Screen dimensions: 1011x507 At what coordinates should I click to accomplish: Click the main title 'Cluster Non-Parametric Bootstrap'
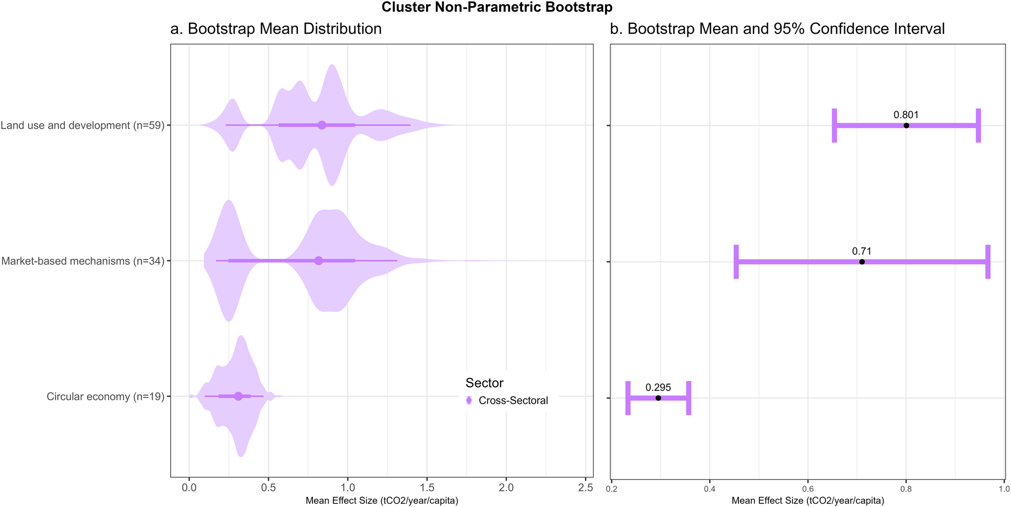(x=497, y=7)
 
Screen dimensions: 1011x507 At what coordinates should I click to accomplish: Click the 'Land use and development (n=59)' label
(x=82, y=125)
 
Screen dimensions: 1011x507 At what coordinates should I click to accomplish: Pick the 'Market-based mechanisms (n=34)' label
(x=83, y=261)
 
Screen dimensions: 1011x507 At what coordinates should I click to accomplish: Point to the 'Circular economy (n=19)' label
(x=106, y=397)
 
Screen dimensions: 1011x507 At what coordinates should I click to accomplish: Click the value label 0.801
(x=906, y=115)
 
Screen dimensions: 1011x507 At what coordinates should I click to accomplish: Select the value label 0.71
(x=862, y=251)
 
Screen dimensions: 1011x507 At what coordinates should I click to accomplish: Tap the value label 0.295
(x=658, y=388)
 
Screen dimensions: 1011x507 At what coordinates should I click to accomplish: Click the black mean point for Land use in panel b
(x=906, y=125)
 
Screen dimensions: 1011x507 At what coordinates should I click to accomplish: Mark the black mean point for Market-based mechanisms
(x=862, y=262)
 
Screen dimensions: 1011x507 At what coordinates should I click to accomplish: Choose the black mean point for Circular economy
(x=658, y=398)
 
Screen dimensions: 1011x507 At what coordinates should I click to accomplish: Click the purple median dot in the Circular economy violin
(x=238, y=396)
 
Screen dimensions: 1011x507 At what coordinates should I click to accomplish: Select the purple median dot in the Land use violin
(x=322, y=125)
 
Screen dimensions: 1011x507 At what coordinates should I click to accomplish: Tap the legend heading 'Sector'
(x=484, y=383)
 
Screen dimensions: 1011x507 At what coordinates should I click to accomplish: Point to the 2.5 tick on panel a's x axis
(x=585, y=488)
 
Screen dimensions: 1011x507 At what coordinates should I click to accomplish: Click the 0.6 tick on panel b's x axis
(x=808, y=489)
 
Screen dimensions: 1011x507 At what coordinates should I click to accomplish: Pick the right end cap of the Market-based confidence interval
(x=988, y=262)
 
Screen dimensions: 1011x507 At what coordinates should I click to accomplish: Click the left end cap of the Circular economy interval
(x=628, y=398)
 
